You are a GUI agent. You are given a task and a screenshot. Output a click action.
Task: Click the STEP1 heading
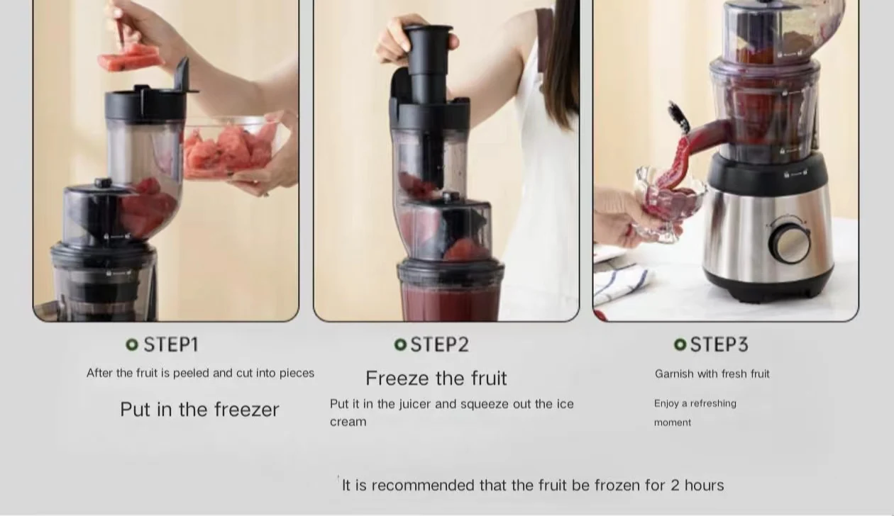pos(171,344)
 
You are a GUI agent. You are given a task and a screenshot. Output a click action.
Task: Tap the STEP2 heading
pos(440,344)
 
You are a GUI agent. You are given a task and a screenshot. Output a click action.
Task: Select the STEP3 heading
pos(719,344)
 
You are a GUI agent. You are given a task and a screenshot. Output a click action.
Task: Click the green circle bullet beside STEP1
pos(132,344)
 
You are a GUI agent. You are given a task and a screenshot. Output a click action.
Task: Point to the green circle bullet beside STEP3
pos(680,344)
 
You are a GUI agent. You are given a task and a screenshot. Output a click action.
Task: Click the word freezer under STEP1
pos(247,410)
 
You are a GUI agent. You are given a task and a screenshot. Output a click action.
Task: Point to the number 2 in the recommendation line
pos(675,486)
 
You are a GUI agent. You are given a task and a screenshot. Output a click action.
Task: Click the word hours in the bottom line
pos(704,486)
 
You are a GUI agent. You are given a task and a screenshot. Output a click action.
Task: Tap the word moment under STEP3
pos(673,422)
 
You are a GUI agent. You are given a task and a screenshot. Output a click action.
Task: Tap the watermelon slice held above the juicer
pos(131,58)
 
